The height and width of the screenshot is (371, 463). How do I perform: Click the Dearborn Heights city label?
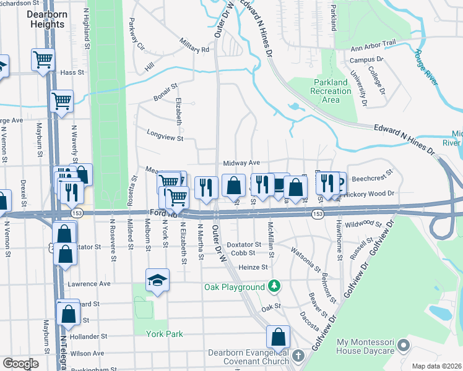tap(46, 20)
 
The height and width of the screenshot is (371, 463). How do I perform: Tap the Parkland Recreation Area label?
tap(331, 91)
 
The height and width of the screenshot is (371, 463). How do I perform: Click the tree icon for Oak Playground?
tap(273, 286)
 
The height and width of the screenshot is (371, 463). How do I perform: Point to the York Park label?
tap(164, 334)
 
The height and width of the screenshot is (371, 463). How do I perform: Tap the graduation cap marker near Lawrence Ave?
tap(157, 280)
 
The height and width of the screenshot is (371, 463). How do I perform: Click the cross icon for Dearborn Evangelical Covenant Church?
tap(298, 356)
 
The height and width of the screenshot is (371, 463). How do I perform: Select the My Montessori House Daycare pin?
tap(404, 344)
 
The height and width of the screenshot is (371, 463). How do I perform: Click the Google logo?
tap(20, 364)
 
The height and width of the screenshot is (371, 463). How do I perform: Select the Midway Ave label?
tap(241, 162)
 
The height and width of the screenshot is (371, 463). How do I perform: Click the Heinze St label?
tap(253, 267)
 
